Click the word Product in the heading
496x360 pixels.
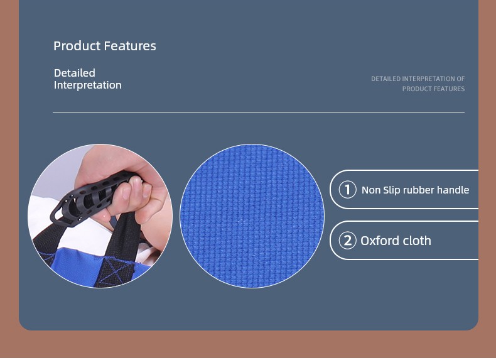click(77, 46)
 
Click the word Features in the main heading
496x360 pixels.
click(130, 46)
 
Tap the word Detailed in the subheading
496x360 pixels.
click(74, 73)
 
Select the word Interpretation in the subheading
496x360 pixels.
click(88, 85)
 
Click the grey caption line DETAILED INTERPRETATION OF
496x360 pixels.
click(418, 79)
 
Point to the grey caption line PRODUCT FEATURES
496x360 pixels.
click(433, 89)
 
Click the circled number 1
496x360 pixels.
click(347, 189)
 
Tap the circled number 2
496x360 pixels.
click(347, 241)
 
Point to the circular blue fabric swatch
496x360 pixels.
click(252, 216)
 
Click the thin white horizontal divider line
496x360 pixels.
click(259, 112)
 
